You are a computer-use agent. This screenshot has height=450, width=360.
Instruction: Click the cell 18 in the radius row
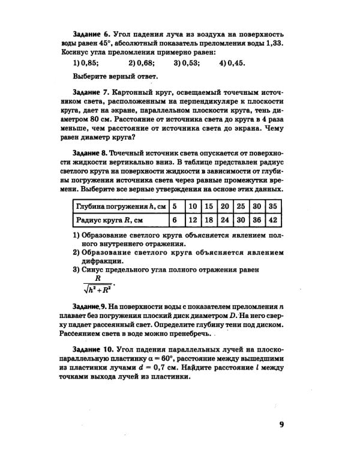[209, 220]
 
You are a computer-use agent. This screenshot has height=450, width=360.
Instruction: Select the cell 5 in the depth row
[175, 206]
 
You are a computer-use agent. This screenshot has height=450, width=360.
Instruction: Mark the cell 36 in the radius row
[257, 220]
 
